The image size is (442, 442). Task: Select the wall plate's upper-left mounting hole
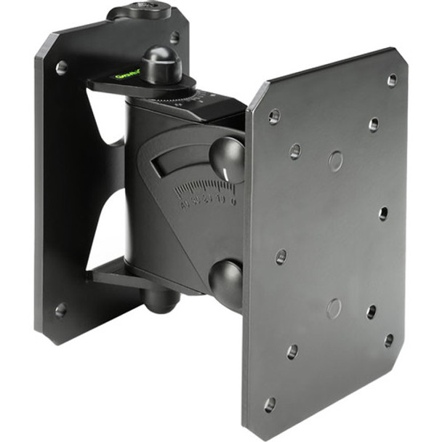(x=61, y=68)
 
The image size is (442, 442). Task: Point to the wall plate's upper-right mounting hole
(x=174, y=36)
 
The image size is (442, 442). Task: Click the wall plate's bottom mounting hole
(x=60, y=310)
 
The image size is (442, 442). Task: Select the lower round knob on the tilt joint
(x=228, y=279)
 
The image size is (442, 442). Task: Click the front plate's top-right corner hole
(x=392, y=80)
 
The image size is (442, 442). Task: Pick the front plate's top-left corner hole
(x=274, y=115)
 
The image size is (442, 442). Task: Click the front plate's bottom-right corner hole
(x=389, y=339)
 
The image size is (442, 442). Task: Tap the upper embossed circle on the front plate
(x=335, y=161)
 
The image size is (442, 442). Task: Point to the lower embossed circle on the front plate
(x=334, y=308)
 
